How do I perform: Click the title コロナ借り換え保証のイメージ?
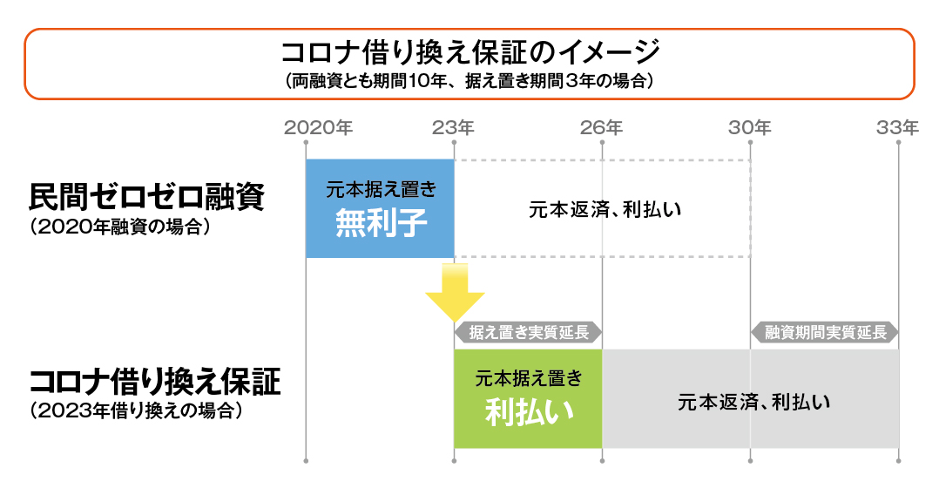tap(470, 53)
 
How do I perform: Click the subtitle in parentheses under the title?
tap(469, 81)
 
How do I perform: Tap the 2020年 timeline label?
tap(318, 127)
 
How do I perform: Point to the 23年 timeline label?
tap(453, 127)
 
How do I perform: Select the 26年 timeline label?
tap(601, 127)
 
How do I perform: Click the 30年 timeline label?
tap(750, 127)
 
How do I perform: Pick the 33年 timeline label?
tap(898, 127)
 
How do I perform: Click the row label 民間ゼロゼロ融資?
tap(146, 197)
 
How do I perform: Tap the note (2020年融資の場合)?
tap(120, 227)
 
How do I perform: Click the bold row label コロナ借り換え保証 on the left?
tap(155, 382)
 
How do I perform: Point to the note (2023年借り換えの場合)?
tap(137, 411)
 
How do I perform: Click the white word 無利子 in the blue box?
tap(381, 223)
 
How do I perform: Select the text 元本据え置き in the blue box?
tap(381, 189)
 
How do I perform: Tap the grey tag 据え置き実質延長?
tap(528, 332)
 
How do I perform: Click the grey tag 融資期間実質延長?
tap(825, 332)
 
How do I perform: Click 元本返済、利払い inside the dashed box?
tap(605, 210)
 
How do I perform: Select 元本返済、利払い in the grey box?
tap(754, 402)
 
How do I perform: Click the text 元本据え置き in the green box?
tap(529, 379)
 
